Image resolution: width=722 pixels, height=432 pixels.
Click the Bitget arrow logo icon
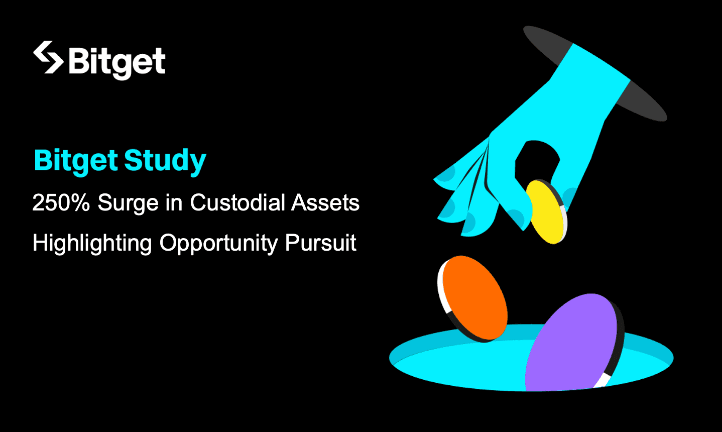point(48,57)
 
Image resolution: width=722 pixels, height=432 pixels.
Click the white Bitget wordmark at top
point(117,62)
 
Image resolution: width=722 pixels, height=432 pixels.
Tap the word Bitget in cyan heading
point(76,161)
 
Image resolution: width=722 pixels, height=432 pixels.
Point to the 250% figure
point(61,203)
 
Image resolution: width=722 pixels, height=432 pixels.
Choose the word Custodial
point(237,203)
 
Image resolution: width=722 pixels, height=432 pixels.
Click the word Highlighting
point(92,244)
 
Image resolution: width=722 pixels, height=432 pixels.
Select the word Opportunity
point(218,244)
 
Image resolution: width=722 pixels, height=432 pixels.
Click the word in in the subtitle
point(174,203)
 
